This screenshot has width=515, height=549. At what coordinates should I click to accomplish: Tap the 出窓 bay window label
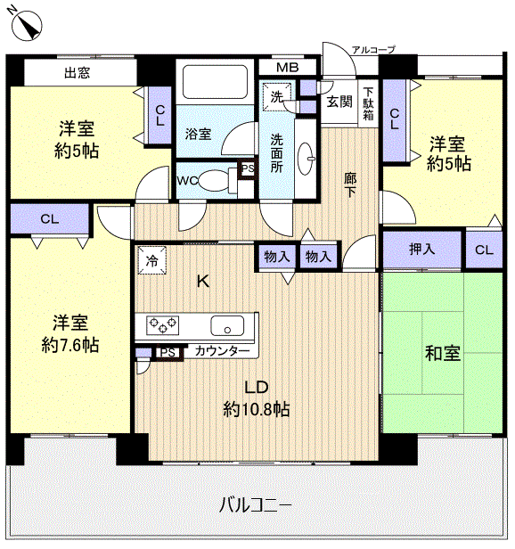(x=78, y=73)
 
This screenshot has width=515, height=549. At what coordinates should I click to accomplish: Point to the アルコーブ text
(x=372, y=50)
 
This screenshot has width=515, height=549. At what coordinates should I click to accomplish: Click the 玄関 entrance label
(x=339, y=102)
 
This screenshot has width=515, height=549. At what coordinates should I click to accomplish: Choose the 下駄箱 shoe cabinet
(x=368, y=103)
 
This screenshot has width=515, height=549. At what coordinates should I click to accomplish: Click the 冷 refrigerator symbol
(x=151, y=262)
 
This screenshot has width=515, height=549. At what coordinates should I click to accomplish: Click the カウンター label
(x=222, y=352)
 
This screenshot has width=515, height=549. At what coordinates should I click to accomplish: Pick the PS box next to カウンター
(x=166, y=352)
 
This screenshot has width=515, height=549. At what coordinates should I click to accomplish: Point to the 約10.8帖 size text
(x=256, y=409)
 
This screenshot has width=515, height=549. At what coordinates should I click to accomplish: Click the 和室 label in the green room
(x=442, y=353)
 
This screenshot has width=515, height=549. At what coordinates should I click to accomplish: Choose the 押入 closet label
(x=422, y=250)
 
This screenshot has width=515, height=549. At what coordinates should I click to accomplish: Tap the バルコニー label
(x=255, y=505)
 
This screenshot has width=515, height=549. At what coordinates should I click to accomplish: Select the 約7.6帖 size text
(x=69, y=345)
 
